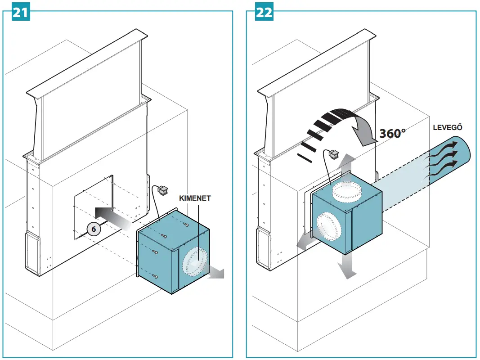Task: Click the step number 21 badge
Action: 19,12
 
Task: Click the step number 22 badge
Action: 264,12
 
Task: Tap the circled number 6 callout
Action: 94,229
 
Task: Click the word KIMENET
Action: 195,198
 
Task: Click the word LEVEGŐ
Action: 447,127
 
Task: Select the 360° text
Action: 392,134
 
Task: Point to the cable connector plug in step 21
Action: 162,191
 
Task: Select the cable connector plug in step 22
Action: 334,155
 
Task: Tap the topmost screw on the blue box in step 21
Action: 186,223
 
